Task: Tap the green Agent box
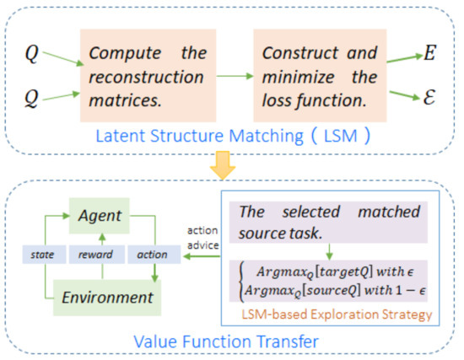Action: coord(102,217)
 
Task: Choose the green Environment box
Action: coord(102,296)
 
